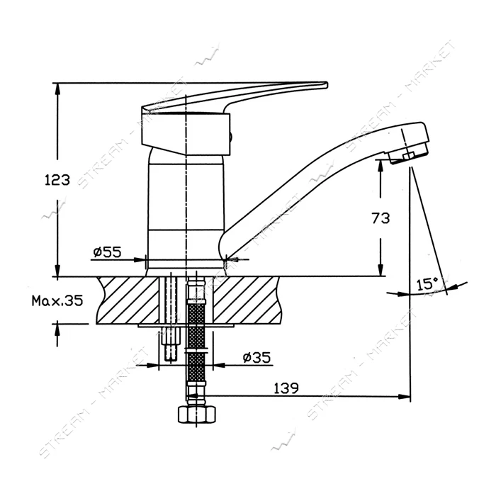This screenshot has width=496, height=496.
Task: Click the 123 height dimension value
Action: click(x=57, y=180)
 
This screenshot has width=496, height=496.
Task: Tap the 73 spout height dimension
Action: click(x=381, y=218)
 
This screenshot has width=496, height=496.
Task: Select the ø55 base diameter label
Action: click(x=107, y=252)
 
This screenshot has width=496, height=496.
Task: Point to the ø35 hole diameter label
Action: click(x=257, y=357)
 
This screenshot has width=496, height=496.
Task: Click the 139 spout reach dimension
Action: click(x=286, y=388)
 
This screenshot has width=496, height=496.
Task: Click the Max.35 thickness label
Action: click(x=57, y=300)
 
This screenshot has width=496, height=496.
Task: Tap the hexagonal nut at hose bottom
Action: click(x=197, y=415)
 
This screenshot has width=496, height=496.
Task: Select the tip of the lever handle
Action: click(x=327, y=85)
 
